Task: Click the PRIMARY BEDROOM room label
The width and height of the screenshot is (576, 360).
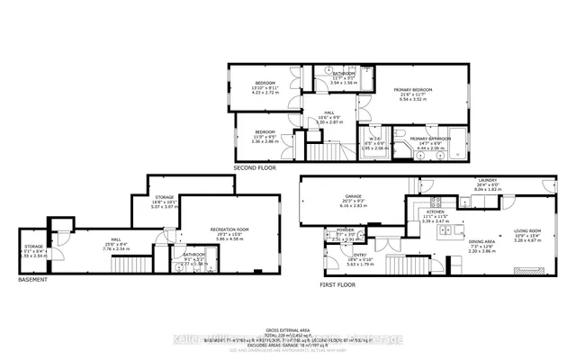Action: [x=413, y=90]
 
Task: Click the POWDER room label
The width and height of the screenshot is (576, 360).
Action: [x=332, y=230]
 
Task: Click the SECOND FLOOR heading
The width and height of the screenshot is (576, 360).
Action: [x=254, y=168]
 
